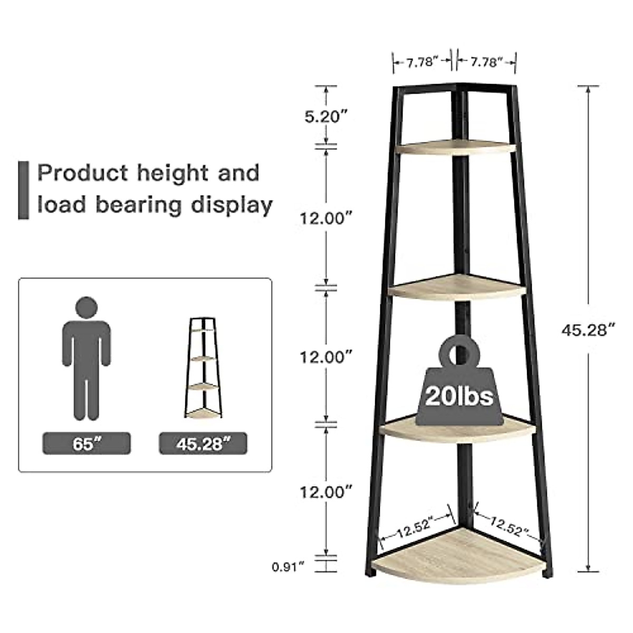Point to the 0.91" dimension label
[289, 567]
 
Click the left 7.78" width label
[422, 62]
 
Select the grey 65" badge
[87, 444]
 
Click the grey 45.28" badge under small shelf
[203, 444]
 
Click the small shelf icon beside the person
[203, 368]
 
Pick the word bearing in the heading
[139, 205]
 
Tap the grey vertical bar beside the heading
[24, 190]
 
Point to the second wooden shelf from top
[457, 287]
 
